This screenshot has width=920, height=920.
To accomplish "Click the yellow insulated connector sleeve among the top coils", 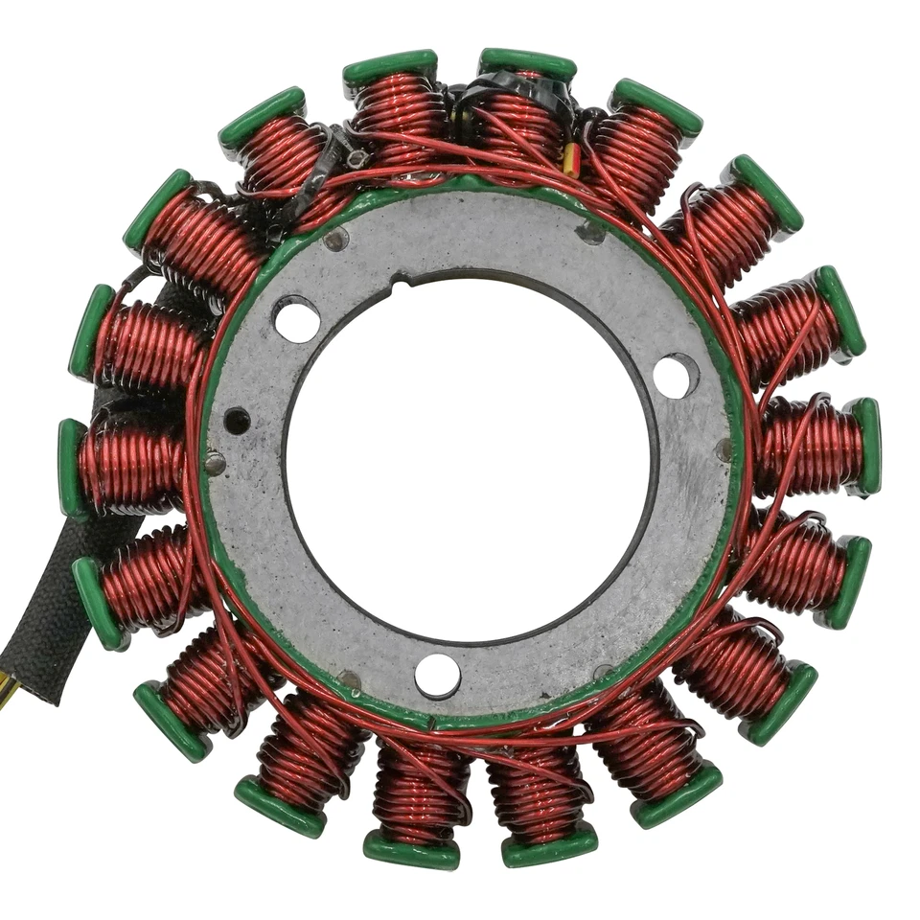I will (x=571, y=160).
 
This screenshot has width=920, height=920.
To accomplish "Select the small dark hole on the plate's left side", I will (x=237, y=420).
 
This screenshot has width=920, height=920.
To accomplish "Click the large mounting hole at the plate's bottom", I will (x=437, y=675).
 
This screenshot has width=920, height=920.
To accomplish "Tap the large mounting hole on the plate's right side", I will (x=677, y=376).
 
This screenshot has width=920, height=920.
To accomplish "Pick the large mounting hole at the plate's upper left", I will (x=297, y=319).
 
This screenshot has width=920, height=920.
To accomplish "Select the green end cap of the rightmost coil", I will (x=867, y=446).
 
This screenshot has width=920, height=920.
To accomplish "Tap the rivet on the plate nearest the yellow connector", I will (x=590, y=232).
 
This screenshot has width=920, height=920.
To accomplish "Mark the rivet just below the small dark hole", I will (x=216, y=463).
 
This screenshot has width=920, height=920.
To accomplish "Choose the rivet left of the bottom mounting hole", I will (x=352, y=679).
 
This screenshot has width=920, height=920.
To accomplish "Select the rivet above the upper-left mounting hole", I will (x=335, y=240).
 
